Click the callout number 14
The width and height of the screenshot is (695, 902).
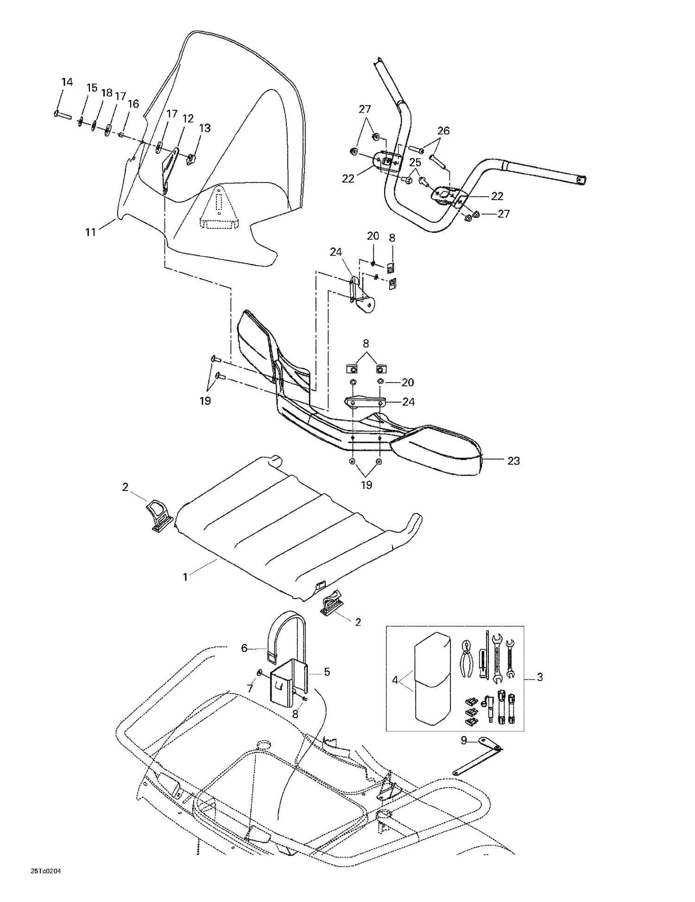[x=67, y=82]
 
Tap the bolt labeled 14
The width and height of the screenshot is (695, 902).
[x=63, y=114]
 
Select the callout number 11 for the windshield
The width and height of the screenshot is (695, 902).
[x=91, y=232]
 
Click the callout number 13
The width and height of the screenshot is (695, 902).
[x=205, y=128]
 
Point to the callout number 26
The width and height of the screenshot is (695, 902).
[x=443, y=131]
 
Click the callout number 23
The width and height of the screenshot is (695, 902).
[x=513, y=461]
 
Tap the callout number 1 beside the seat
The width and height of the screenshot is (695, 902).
[x=185, y=577]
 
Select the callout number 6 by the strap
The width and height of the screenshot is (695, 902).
[x=244, y=648]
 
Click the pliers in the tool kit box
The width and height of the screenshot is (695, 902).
[x=468, y=658]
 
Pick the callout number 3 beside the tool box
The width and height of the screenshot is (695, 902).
[x=540, y=677]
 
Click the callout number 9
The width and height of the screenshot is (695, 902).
[x=464, y=740]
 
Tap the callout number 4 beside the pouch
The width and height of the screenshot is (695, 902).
[x=395, y=680]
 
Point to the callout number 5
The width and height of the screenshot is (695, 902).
[x=327, y=672]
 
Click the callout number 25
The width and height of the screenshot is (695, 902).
[x=415, y=163]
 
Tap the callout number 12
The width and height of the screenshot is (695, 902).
[x=188, y=119]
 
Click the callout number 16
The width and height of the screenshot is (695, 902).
[x=133, y=104]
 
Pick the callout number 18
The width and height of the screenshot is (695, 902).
[x=107, y=93]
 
